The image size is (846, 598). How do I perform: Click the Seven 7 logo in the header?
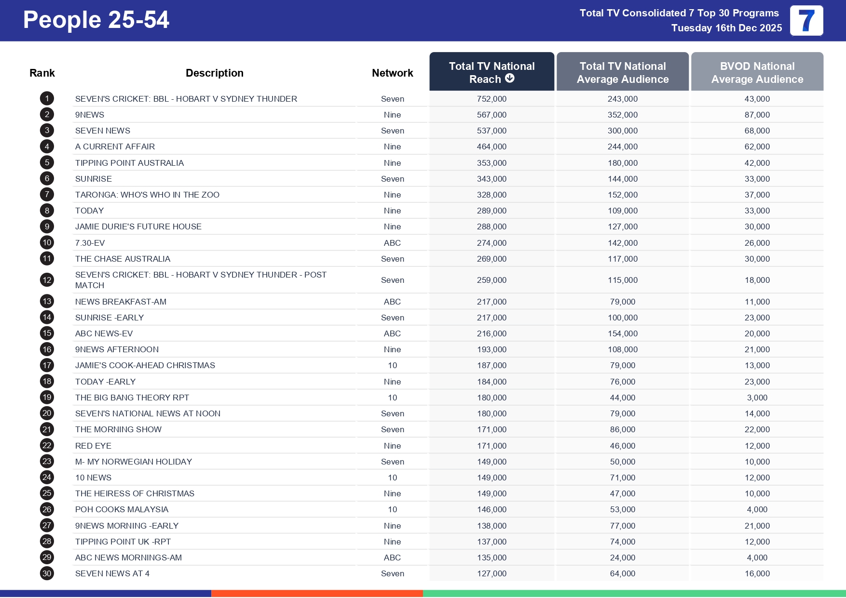[806, 21]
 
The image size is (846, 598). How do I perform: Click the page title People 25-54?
[96, 20]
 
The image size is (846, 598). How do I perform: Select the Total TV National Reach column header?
[491, 72]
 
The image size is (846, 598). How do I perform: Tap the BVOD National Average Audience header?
[757, 72]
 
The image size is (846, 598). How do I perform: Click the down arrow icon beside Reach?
[510, 78]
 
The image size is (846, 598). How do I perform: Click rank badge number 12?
[47, 280]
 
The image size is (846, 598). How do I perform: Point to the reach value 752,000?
[491, 99]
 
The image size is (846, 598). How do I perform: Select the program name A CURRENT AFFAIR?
[115, 146]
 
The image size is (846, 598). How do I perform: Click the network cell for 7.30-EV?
[392, 243]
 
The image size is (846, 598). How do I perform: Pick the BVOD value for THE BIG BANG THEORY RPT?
[757, 398]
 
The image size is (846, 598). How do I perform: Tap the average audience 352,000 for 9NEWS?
[622, 115]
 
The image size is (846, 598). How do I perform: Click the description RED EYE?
[93, 446]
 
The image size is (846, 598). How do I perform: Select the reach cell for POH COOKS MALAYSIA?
[491, 509]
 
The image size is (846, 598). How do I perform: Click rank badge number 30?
[47, 573]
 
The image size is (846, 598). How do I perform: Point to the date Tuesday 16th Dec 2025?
[726, 28]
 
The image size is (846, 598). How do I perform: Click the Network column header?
[392, 73]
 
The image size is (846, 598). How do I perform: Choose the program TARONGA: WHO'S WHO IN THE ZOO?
[147, 195]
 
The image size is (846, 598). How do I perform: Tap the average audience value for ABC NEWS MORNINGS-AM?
[622, 558]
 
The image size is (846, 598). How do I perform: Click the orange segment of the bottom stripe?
[317, 594]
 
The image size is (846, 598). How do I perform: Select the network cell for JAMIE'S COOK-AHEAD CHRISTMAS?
[392, 365]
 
